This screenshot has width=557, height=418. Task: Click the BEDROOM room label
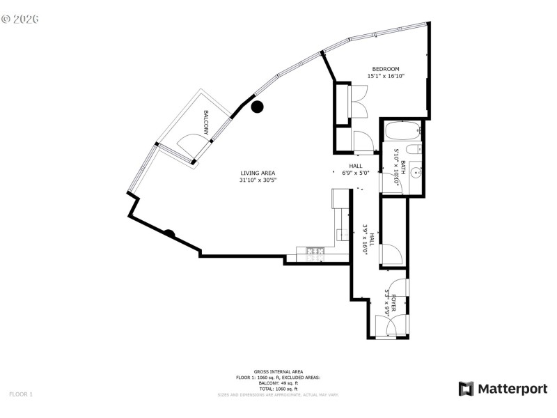point(385,68)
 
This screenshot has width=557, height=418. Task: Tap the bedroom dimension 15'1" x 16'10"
point(385,76)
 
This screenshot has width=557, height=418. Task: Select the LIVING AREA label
point(258,173)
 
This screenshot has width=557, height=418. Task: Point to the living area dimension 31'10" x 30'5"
point(258,180)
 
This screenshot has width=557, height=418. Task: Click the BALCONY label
point(207,122)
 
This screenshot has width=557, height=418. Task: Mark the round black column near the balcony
point(257,107)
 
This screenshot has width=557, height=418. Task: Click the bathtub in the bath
point(402,130)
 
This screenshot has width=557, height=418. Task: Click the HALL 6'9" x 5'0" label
point(356,169)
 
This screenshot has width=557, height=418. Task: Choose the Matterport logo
point(503,389)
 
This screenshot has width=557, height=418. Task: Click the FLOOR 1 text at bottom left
point(21,394)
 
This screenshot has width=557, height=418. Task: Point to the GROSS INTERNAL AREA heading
point(278,373)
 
